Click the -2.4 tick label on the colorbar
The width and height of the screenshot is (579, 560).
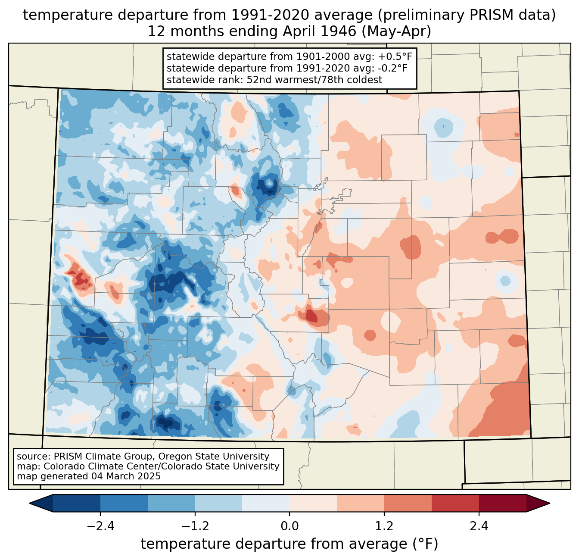point(100,526)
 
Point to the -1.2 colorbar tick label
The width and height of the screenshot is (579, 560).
point(195,526)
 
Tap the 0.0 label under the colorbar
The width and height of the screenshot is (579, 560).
point(289,526)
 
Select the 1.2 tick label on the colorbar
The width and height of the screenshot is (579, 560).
point(384,526)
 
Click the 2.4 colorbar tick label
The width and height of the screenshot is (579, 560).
point(479,526)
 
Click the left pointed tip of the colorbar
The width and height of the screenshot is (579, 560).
point(29,503)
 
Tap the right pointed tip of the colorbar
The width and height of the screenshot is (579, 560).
point(550,503)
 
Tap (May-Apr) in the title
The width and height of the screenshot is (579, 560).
point(396,31)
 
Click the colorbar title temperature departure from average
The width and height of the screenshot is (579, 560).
point(289,544)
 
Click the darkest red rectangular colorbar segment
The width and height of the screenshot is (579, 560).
point(503,503)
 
